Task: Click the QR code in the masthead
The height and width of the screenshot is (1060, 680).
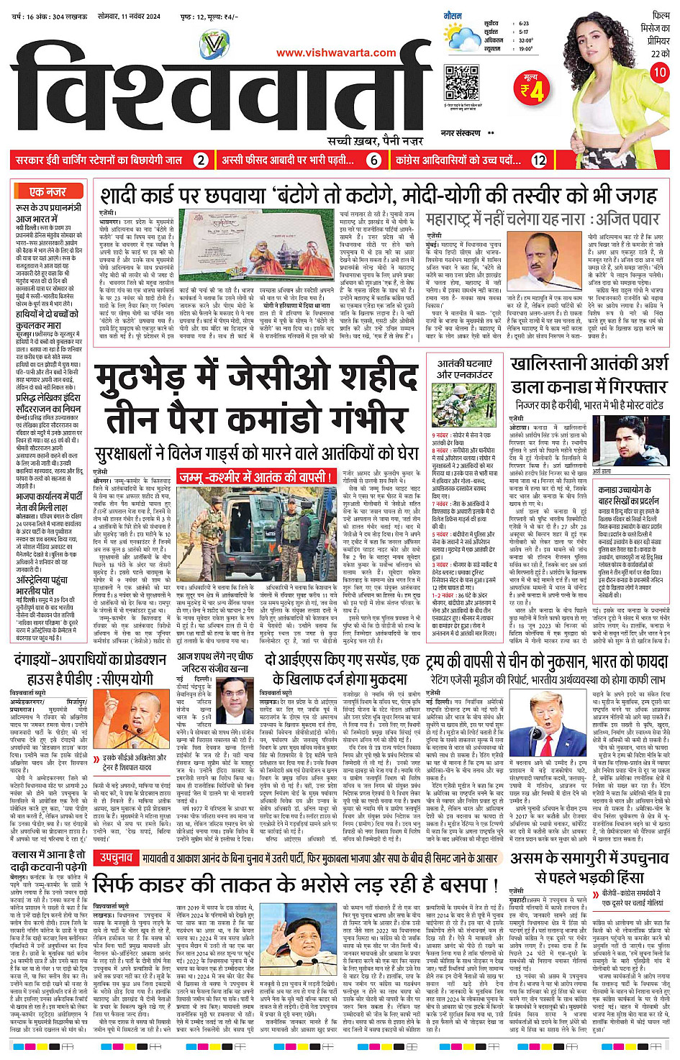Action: pyautogui.click(x=461, y=82)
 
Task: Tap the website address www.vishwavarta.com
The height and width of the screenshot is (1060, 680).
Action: pyautogui.click(x=336, y=53)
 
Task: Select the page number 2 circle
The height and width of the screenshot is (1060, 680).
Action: pyautogui.click(x=201, y=160)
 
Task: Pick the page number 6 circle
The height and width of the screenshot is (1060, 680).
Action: pyautogui.click(x=373, y=160)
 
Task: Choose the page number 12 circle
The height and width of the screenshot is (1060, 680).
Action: pyautogui.click(x=539, y=160)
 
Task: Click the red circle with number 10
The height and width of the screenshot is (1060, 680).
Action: pyautogui.click(x=659, y=73)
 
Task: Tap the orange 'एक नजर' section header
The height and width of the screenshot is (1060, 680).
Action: pyautogui.click(x=47, y=191)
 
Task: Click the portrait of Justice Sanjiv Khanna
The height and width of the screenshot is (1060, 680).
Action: pyautogui.click(x=237, y=701)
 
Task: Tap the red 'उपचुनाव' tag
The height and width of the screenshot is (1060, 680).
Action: pyautogui.click(x=116, y=858)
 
